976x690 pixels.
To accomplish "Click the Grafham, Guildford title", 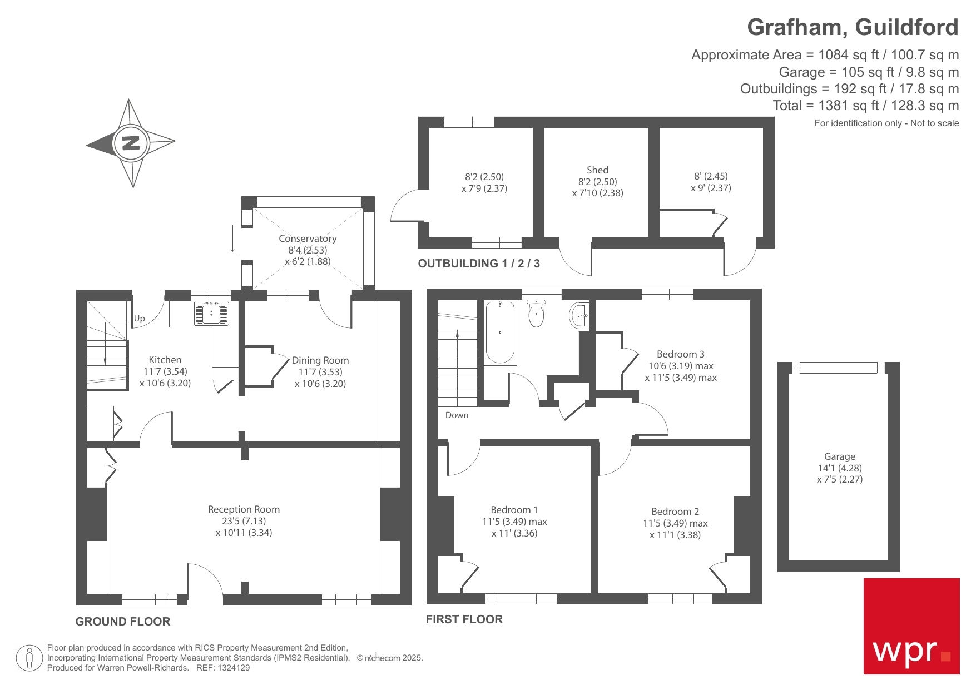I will [x=852, y=27].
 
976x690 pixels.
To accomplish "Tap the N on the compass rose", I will [x=131, y=143].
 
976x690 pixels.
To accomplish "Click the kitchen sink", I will [x=211, y=314].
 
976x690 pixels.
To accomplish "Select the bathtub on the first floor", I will [x=500, y=332].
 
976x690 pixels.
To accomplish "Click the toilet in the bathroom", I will [x=536, y=314].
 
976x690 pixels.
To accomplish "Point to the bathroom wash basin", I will [x=579, y=315].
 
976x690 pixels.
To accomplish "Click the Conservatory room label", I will [x=308, y=239].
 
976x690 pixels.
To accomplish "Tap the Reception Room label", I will [x=244, y=509].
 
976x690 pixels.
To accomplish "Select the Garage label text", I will [x=839, y=456].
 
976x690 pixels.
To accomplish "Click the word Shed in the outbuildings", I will [x=597, y=170].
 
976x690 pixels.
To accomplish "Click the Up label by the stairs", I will [x=139, y=319].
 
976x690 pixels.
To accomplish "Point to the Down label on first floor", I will [x=457, y=415].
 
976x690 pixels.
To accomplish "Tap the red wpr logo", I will [x=911, y=626].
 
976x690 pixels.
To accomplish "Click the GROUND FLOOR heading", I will [x=123, y=622].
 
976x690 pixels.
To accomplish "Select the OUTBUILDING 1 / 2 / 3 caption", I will [x=479, y=264].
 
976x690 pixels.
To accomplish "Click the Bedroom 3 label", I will [x=680, y=354].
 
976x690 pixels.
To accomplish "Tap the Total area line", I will [x=865, y=106].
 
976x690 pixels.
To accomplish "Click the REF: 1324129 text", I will [x=223, y=668].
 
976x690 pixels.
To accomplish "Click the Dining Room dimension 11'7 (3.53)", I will [x=320, y=372].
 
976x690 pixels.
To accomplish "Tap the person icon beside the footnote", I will [x=29, y=658].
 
